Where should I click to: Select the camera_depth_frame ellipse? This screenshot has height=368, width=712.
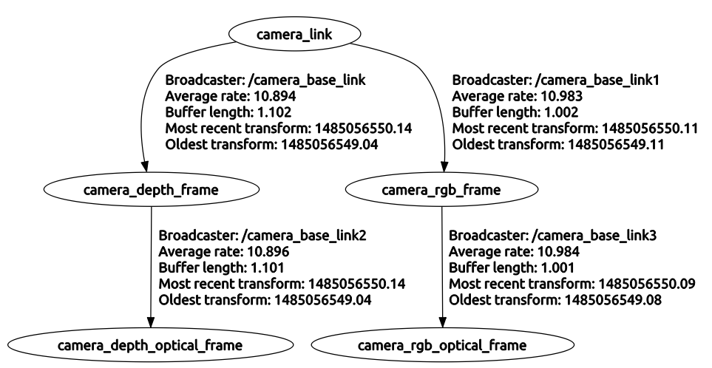coord(151,190)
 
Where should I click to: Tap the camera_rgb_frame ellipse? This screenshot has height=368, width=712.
coord(442,190)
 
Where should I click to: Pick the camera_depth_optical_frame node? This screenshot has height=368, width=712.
coord(151,345)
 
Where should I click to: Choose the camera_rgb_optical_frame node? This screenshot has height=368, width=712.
coord(442,345)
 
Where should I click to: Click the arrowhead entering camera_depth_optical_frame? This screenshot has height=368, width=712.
coord(151,324)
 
